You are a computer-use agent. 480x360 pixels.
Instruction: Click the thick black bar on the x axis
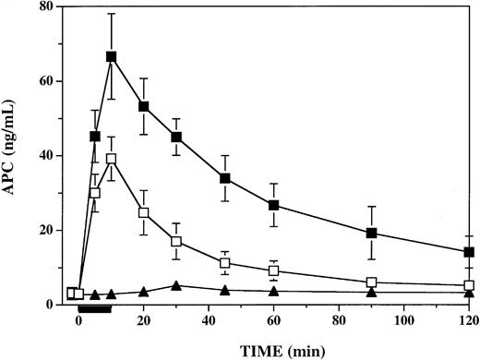[95, 309]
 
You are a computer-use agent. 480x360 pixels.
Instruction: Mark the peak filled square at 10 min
[111, 57]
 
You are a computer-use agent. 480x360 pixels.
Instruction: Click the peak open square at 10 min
[111, 159]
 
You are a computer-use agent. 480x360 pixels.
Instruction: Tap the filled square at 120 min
[469, 252]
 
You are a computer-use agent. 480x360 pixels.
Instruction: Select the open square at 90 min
[371, 282]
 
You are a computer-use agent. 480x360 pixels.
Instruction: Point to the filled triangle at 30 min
[175, 285]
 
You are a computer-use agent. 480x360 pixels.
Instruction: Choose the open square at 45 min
[224, 263]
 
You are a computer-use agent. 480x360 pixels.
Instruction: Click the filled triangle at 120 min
[469, 293]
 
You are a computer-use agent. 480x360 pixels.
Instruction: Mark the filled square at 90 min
[371, 233]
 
